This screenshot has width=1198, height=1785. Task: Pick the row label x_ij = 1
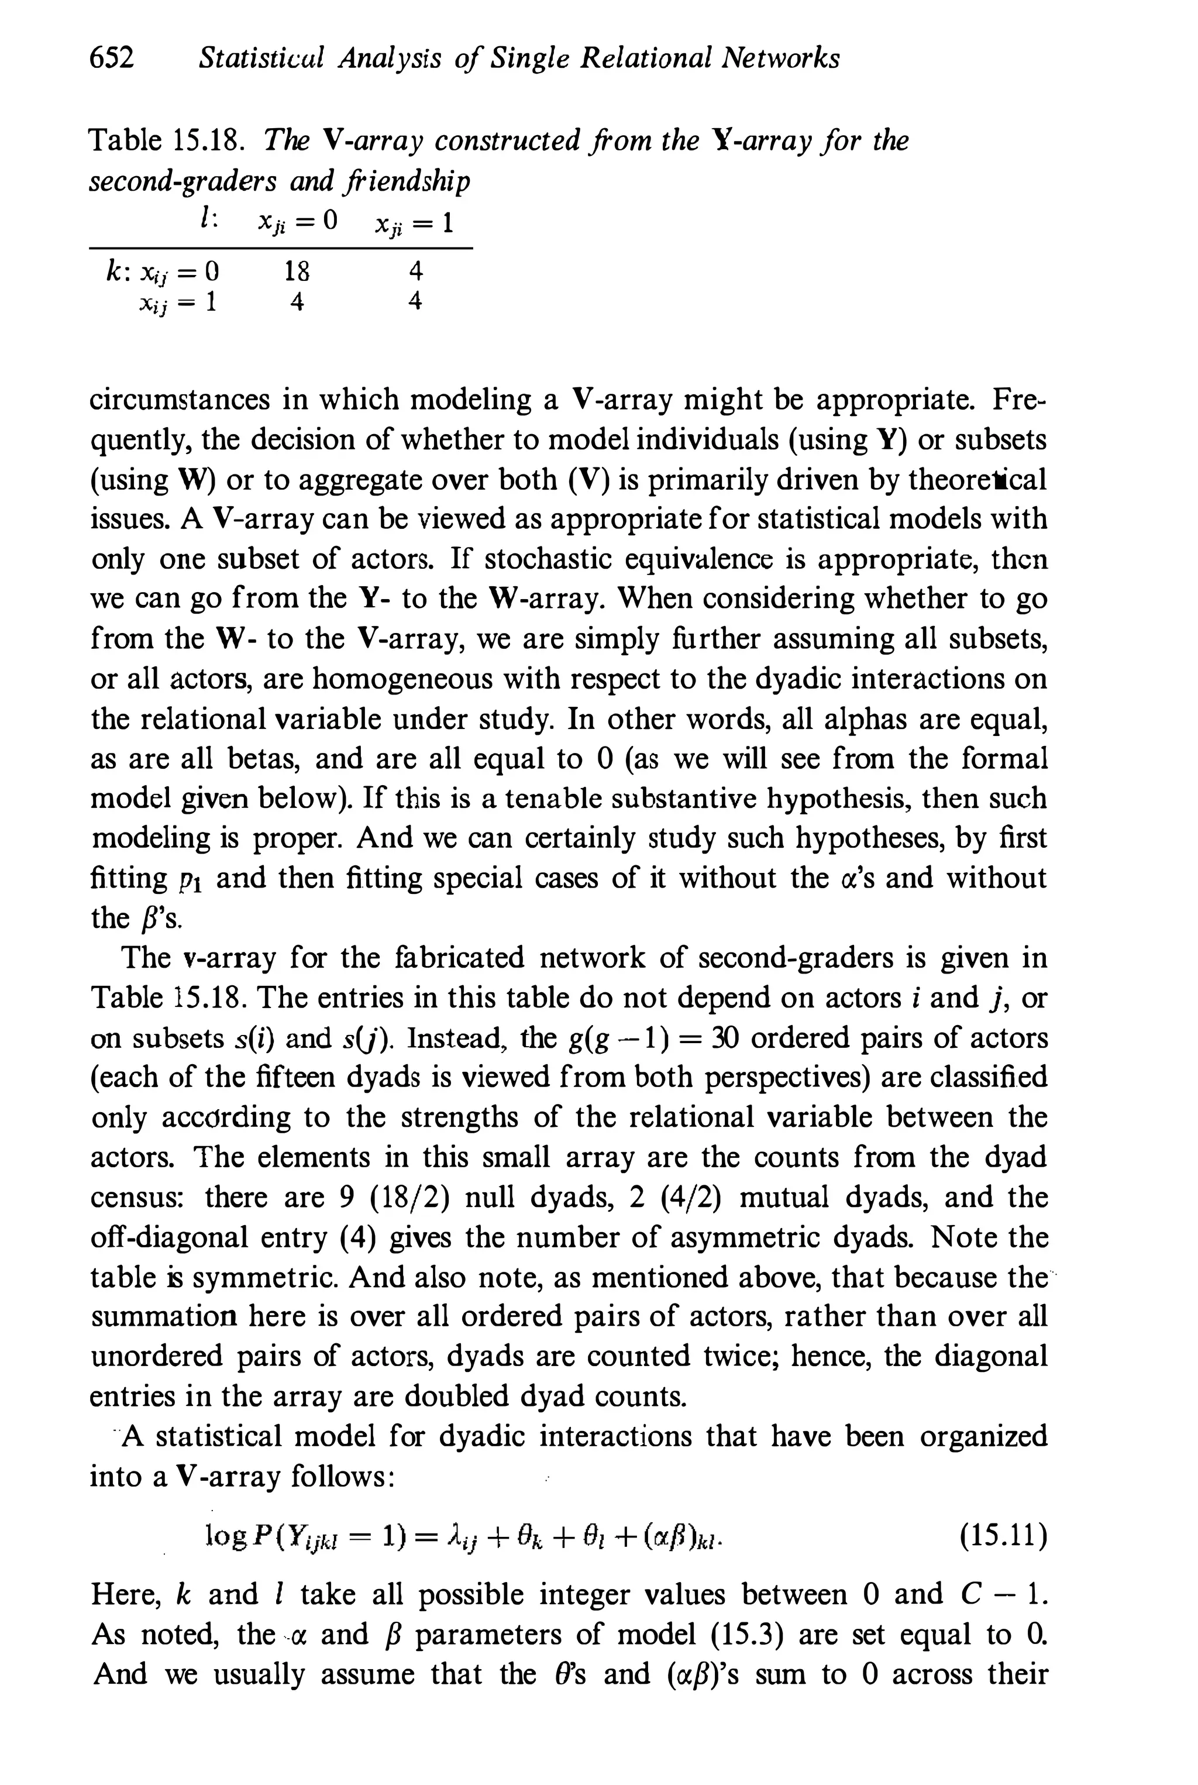click(177, 302)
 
